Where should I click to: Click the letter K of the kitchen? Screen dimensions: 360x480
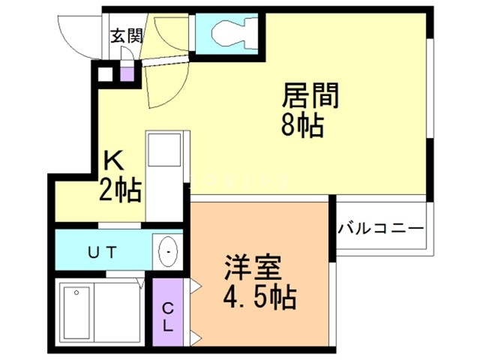[x=113, y=160]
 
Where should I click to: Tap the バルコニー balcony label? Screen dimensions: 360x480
[x=380, y=227]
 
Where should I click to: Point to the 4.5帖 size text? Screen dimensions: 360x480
[x=258, y=298]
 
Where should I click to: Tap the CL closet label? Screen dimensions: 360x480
[x=168, y=316]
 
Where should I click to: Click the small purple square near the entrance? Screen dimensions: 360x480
[x=127, y=74]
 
